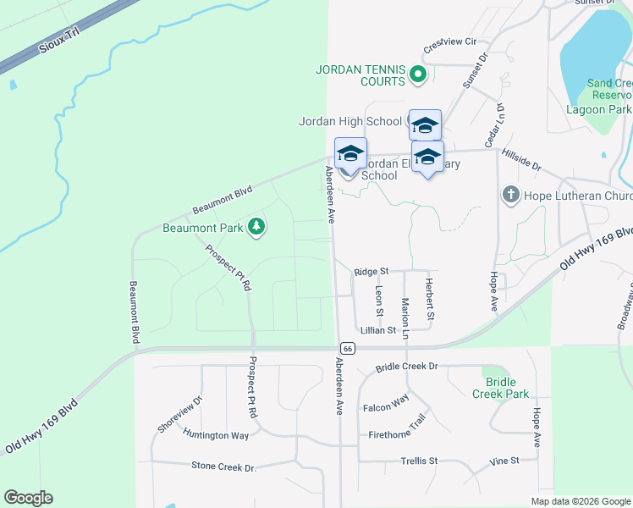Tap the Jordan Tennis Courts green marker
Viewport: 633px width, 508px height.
point(417,75)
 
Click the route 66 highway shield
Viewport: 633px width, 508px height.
point(347,348)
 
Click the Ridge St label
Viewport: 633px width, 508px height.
point(371,271)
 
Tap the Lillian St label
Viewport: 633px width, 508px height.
point(377,330)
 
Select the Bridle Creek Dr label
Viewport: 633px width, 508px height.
point(406,367)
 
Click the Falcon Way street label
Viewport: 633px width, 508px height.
point(386,407)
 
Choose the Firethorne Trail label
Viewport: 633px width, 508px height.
point(397,435)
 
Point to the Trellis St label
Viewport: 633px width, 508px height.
point(420,461)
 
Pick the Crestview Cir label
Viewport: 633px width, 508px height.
point(451,41)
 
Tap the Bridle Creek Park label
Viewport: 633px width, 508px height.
point(500,388)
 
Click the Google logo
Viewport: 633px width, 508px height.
point(28,498)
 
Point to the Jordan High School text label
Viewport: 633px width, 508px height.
point(350,121)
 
